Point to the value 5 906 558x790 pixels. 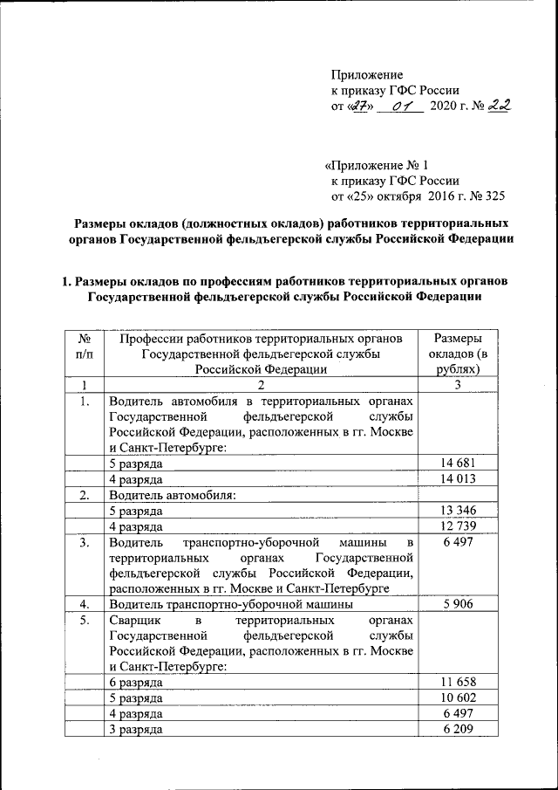459,604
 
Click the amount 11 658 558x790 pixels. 459,682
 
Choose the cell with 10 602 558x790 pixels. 459,697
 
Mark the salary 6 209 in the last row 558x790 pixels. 459,729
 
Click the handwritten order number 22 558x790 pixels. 500,106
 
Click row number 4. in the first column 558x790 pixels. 85,604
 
